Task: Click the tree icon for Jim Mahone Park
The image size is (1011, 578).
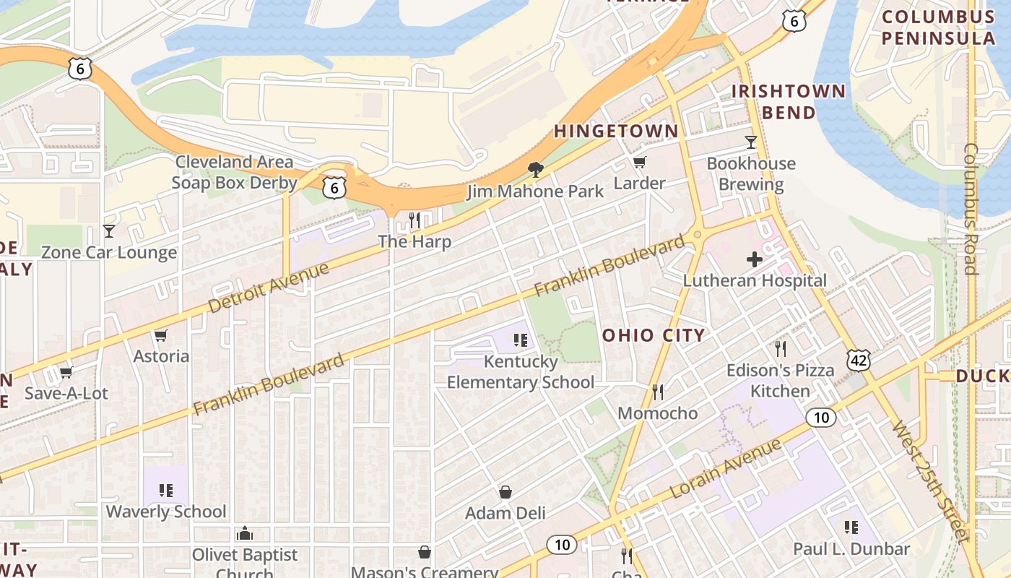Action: click(535, 170)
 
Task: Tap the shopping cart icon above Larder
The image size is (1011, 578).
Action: click(639, 162)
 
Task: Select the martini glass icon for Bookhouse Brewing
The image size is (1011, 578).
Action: click(751, 142)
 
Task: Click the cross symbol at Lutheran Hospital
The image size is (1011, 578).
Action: click(755, 259)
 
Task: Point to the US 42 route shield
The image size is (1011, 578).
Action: click(859, 359)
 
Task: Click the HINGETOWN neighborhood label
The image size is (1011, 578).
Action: click(616, 131)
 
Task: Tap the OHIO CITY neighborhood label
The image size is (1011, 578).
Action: click(654, 335)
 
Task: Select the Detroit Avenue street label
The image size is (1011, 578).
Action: click(268, 287)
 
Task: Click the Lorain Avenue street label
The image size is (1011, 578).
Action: click(726, 467)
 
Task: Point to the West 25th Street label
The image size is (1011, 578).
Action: click(930, 480)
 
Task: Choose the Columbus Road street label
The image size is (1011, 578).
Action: click(971, 209)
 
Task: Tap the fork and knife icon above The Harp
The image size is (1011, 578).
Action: click(415, 220)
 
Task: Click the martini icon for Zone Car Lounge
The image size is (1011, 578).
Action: click(109, 231)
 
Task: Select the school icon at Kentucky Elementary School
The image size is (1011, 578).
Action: click(521, 339)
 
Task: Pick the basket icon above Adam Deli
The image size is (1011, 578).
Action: click(506, 492)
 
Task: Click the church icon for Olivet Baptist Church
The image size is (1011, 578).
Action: click(245, 534)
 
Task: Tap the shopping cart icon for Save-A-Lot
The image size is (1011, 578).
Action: click(66, 372)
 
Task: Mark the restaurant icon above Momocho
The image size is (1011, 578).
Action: click(657, 392)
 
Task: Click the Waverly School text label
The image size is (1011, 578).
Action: click(166, 512)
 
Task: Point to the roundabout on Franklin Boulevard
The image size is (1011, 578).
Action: click(697, 235)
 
